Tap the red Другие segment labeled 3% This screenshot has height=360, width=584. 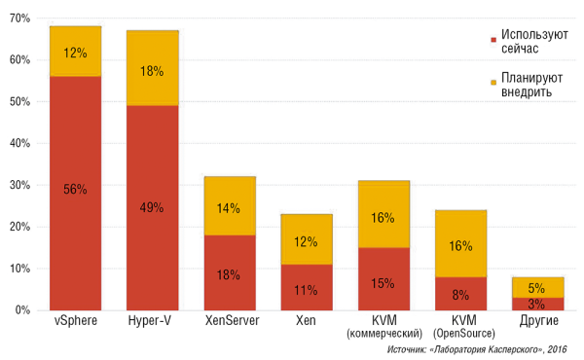point(537,304)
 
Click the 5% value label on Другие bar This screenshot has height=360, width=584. point(537,288)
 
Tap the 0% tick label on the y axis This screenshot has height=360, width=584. point(23,309)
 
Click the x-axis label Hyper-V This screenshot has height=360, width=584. point(153,321)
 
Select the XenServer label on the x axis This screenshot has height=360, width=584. point(230,321)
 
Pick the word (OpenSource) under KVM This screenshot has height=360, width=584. point(460,334)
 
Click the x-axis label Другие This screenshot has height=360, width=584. point(537,321)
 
